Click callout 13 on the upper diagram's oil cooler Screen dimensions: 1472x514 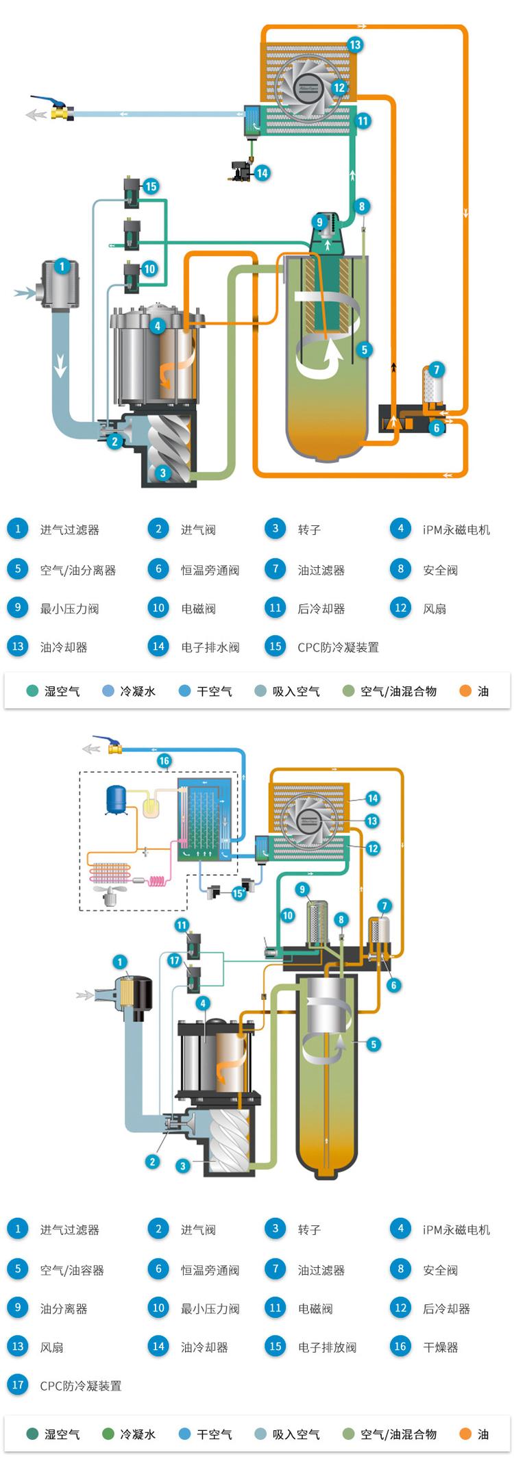pyautogui.click(x=354, y=45)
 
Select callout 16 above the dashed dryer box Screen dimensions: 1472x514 pyautogui.click(x=164, y=761)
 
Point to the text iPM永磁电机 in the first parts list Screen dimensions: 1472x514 pyautogui.click(x=456, y=529)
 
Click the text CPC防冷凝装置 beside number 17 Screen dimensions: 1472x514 pyautogui.click(x=80, y=1386)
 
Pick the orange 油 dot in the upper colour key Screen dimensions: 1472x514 pyautogui.click(x=466, y=691)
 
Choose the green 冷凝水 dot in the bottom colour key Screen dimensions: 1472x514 pyautogui.click(x=108, y=1434)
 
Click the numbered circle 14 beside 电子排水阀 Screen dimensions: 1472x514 pyautogui.click(x=158, y=647)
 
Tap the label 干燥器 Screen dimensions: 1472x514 pyautogui.click(x=441, y=1347)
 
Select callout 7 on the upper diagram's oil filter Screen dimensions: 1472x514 pyautogui.click(x=436, y=370)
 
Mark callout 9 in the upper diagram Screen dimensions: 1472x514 pyautogui.click(x=319, y=222)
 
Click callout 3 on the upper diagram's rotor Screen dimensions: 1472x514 pyautogui.click(x=162, y=472)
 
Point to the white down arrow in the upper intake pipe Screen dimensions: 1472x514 pyautogui.click(x=61, y=368)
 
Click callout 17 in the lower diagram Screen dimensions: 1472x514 pyautogui.click(x=174, y=960)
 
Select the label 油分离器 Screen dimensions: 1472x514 pyautogui.click(x=64, y=1309)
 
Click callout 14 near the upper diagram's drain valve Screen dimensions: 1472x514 pyautogui.click(x=262, y=173)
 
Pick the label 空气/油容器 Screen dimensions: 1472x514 pyautogui.click(x=72, y=1270)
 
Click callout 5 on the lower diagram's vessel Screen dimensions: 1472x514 pyautogui.click(x=374, y=1044)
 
